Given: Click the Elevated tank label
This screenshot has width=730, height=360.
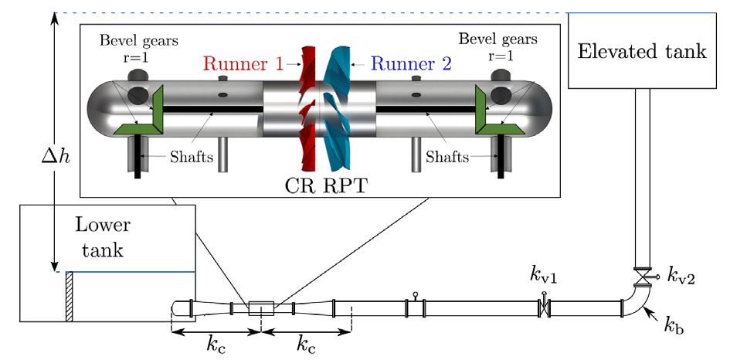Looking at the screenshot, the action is [x=642, y=51].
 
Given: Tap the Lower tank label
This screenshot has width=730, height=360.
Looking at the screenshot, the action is [x=103, y=237].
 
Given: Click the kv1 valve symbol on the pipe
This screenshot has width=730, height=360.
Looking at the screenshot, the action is [x=544, y=306].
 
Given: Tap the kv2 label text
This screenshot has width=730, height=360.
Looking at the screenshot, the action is [x=682, y=275].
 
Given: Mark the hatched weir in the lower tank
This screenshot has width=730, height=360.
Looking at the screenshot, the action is [x=70, y=296].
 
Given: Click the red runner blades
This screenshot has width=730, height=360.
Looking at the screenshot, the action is [x=307, y=108].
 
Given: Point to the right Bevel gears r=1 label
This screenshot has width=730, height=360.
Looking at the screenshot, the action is [x=497, y=46].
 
